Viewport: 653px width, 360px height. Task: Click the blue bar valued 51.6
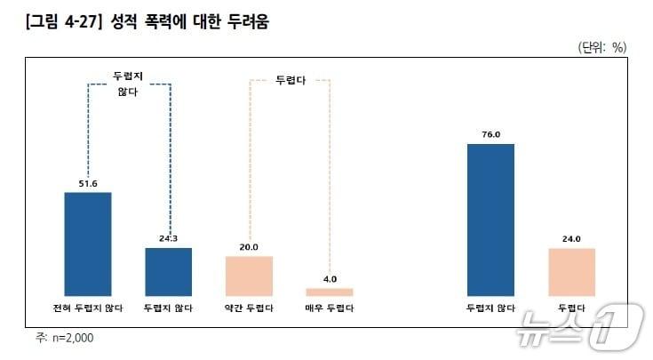[x=88, y=243]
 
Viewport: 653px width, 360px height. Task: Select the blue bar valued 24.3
[x=169, y=271]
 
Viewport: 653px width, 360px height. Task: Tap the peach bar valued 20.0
[x=249, y=276]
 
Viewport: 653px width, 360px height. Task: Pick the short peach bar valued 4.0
[x=330, y=292]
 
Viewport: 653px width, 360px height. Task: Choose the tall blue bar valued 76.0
[x=490, y=219]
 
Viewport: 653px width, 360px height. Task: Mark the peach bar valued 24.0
[x=571, y=271]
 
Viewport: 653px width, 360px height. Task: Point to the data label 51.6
[x=88, y=183]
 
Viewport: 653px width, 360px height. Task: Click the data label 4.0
[x=330, y=279]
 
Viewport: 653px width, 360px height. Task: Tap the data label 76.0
[x=490, y=134]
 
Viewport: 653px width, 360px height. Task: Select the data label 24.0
[x=571, y=239]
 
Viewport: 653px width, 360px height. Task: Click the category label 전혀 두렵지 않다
[x=88, y=308]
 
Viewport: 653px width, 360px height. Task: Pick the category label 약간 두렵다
[x=249, y=308]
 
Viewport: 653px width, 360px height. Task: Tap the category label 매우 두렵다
[x=330, y=308]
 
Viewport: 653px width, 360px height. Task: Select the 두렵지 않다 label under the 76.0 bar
[x=490, y=308]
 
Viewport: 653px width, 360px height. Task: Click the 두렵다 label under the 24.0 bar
[x=571, y=308]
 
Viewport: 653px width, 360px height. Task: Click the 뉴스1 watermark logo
[x=582, y=323]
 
